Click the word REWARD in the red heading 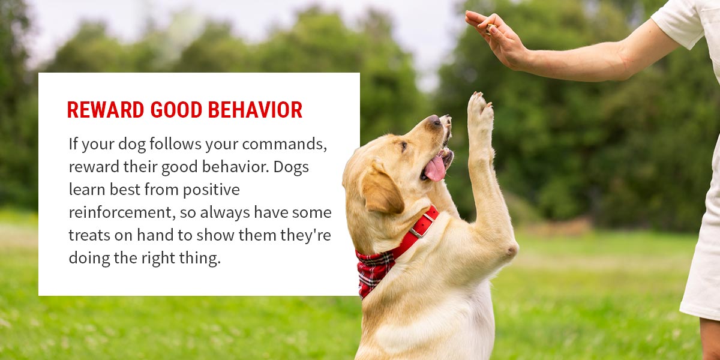point(106,110)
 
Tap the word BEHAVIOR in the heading point(255,110)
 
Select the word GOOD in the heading point(176,110)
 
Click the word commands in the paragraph point(284,144)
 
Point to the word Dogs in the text point(291,167)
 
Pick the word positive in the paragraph point(211,190)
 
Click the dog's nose point(434,121)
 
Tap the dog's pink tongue point(435,168)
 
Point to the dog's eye point(404,146)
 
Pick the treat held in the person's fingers point(491,29)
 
